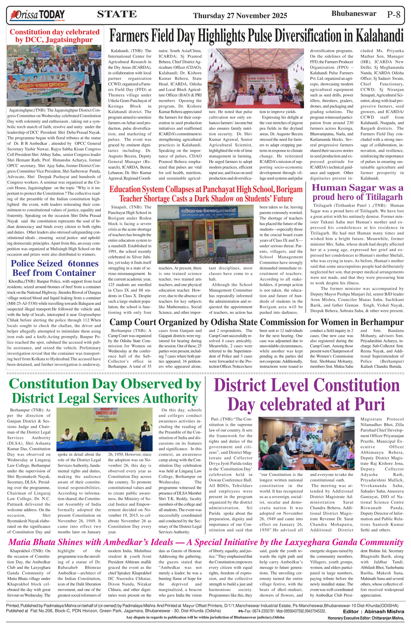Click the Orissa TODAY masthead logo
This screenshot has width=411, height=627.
pyautogui.click(x=37, y=15)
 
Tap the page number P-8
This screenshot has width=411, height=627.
pyautogui.click(x=394, y=14)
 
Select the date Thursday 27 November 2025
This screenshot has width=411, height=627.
pyautogui.click(x=240, y=16)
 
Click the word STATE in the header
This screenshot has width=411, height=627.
pyautogui.click(x=117, y=14)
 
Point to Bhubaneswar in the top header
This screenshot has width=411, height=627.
pyautogui.click(x=354, y=13)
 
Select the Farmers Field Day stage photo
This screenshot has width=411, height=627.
pyautogui.click(x=256, y=78)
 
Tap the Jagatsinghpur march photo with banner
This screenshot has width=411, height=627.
pyautogui.click(x=54, y=76)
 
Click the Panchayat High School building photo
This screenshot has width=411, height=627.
pyautogui.click(x=205, y=234)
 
